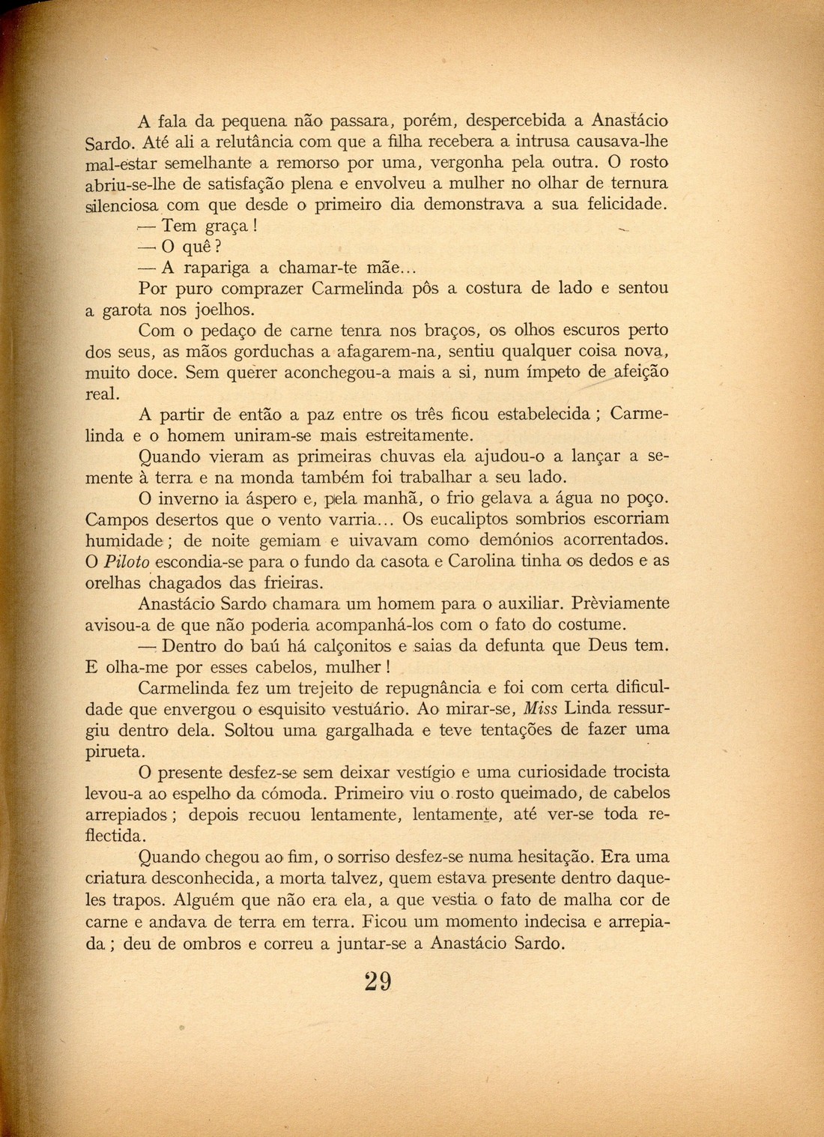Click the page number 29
click(x=378, y=982)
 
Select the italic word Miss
click(x=540, y=708)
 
